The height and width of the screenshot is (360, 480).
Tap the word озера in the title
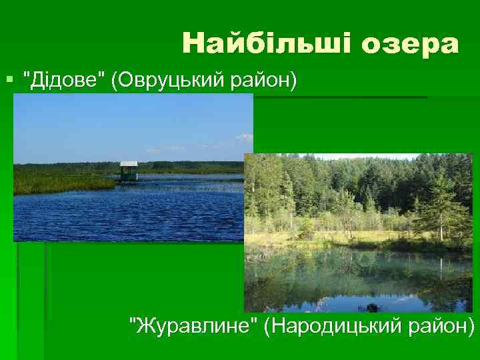coord(411,44)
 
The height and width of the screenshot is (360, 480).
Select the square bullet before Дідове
coord(9,81)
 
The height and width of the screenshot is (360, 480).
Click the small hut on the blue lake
coord(129,171)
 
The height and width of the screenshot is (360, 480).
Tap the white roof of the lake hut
coord(129,164)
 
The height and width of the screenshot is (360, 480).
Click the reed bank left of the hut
coord(60,181)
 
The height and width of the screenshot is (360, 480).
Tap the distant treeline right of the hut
coord(193,164)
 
